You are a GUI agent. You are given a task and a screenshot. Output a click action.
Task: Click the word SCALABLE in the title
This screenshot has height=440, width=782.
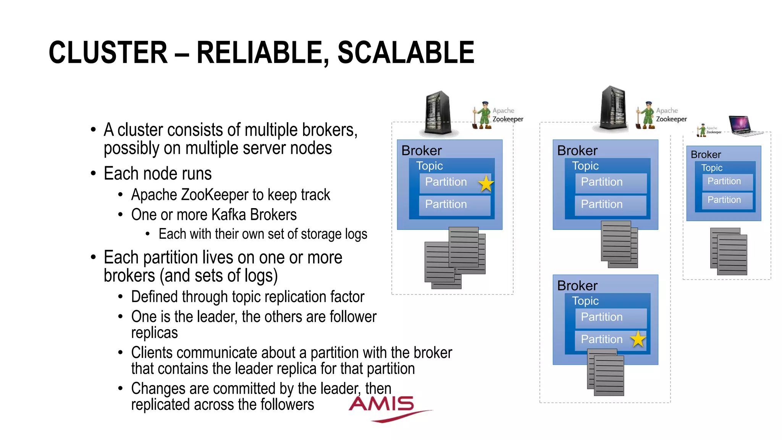406,53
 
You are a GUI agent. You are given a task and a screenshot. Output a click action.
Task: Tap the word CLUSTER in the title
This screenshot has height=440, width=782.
108,53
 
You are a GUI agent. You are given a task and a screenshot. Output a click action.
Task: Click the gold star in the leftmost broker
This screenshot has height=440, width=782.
486,184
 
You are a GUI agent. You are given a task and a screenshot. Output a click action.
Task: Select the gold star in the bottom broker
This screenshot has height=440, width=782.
638,339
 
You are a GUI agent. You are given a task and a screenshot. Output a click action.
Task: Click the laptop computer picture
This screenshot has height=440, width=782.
740,125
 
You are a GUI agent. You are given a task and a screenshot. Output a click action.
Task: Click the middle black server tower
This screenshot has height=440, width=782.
614,108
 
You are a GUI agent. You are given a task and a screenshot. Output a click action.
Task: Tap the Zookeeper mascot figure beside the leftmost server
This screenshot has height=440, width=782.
483,115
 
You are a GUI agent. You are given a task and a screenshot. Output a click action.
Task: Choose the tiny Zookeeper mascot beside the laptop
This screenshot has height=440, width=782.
702,130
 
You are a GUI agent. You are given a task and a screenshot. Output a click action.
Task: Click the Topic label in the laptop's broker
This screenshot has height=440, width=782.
712,168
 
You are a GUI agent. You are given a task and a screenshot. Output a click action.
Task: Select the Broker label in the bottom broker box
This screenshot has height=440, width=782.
577,286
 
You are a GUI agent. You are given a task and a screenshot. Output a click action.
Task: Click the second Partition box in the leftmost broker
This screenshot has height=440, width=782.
454,205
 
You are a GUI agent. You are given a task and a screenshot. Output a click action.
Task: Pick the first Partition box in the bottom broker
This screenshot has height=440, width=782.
611,317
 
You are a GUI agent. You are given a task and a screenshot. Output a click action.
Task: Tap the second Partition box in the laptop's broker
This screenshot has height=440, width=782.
727,200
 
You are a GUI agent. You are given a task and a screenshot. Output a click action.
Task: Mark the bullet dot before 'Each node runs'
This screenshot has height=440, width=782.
94,174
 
